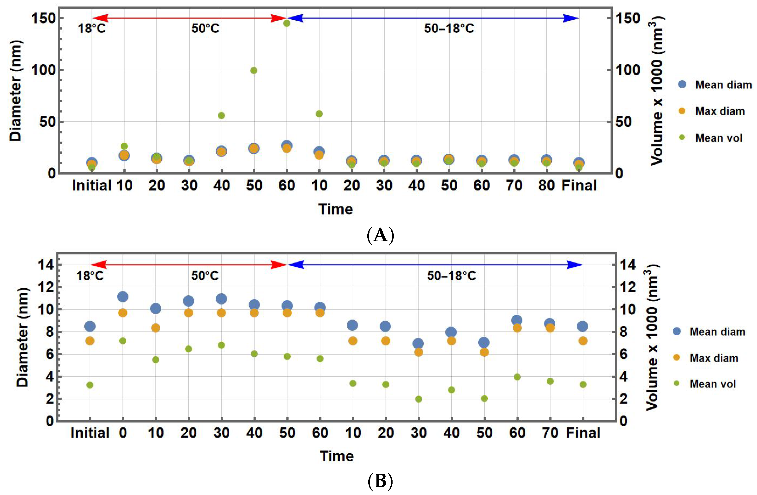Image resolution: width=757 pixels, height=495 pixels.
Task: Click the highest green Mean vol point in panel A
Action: click(287, 23)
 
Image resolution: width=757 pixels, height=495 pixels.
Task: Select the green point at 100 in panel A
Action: click(254, 70)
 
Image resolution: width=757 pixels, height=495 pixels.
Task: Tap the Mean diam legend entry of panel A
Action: click(716, 85)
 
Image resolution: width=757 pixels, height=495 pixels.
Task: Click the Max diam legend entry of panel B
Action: click(706, 358)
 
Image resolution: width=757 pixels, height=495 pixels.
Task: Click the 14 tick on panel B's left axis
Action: click(46, 265)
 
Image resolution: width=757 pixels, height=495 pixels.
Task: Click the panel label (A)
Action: click(380, 236)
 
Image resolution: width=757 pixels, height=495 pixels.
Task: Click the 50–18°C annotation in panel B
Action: click(451, 276)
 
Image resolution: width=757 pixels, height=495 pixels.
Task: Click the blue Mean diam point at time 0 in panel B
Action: click(123, 297)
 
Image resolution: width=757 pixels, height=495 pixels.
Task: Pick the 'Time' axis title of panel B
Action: click(337, 456)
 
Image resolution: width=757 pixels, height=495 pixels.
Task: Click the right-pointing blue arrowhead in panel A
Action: click(571, 18)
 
